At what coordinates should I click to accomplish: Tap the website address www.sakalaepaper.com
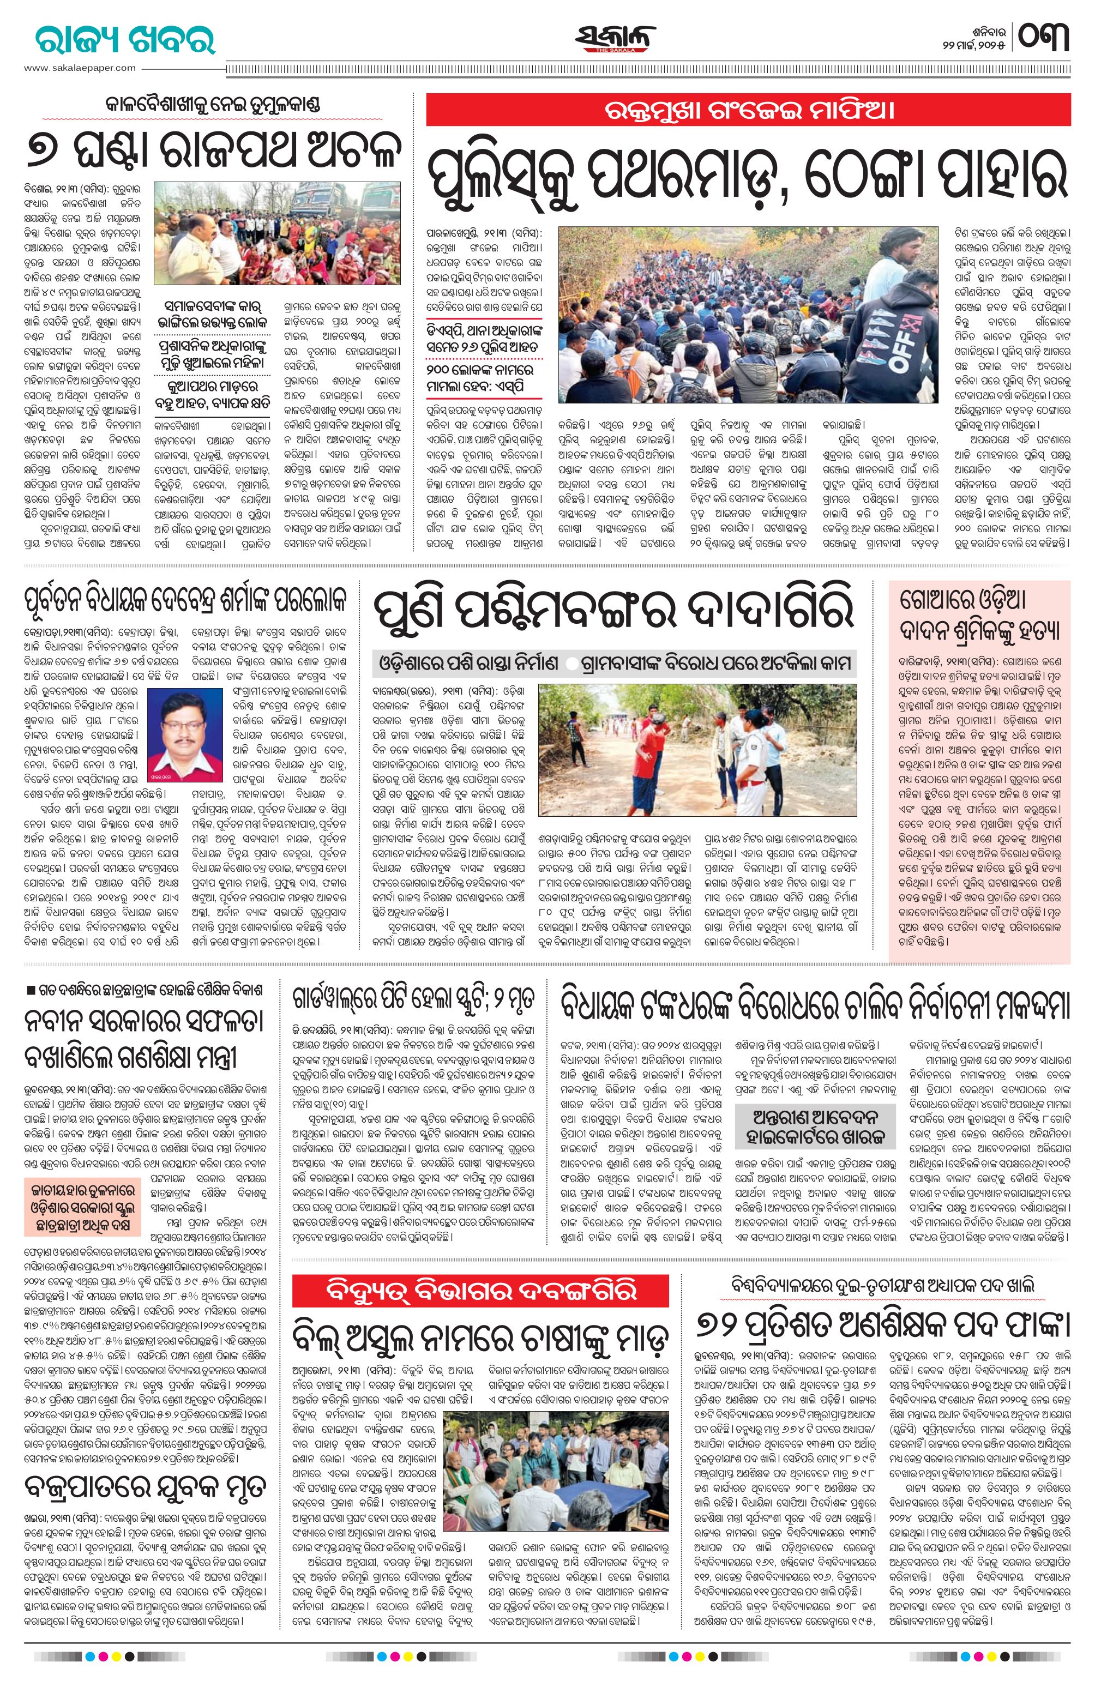[79, 68]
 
